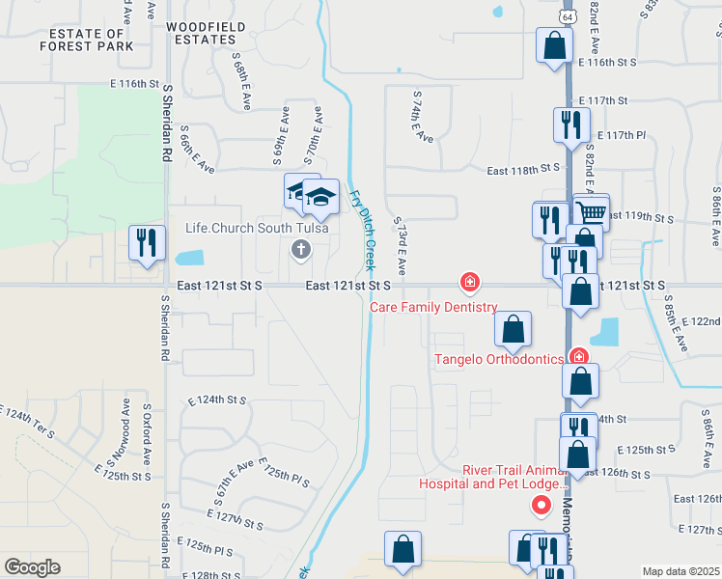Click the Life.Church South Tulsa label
pyautogui.click(x=257, y=229)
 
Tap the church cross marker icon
pyautogui.click(x=300, y=251)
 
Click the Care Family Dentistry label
pyautogui.click(x=434, y=307)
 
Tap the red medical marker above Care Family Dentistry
pyautogui.click(x=470, y=283)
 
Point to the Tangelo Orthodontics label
pyautogui.click(x=498, y=359)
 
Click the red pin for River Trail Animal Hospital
pyautogui.click(x=541, y=504)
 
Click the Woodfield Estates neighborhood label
pyautogui.click(x=201, y=33)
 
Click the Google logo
pyautogui.click(x=32, y=567)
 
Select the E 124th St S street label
pyautogui.click(x=218, y=399)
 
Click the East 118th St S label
pyautogui.click(x=524, y=169)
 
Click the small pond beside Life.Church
pyautogui.click(x=190, y=259)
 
